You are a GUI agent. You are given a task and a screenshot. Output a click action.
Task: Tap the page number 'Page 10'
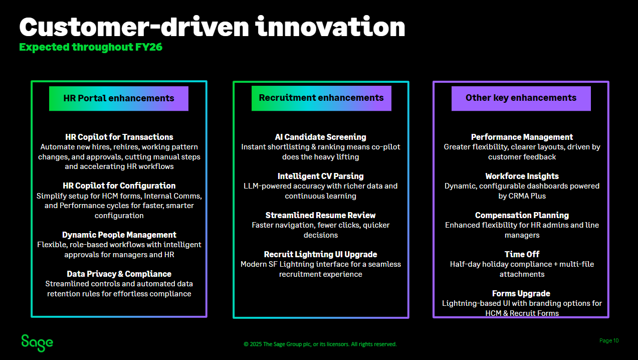point(609,341)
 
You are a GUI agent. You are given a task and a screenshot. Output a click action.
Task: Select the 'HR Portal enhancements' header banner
point(119,98)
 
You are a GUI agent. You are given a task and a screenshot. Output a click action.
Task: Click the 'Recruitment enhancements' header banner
point(321,98)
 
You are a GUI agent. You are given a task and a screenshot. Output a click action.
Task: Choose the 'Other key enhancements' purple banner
point(521,98)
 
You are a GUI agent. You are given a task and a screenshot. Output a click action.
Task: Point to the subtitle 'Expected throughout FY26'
point(91,47)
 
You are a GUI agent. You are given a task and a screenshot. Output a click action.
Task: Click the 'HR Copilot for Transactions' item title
point(119,137)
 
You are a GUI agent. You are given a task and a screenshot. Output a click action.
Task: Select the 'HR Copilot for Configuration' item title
point(119,186)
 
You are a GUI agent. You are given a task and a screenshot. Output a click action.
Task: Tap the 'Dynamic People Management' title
point(119,235)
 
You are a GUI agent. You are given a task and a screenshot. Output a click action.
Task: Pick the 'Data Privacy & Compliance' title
point(119,274)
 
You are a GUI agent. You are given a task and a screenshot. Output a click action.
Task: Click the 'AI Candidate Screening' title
point(321,137)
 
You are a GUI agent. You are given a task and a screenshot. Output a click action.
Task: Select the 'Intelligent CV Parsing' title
point(321,176)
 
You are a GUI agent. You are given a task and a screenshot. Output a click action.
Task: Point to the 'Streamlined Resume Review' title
point(321,215)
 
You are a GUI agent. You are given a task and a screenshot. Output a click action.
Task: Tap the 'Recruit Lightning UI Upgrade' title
point(321,254)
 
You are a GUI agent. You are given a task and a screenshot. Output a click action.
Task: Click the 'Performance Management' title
point(522,137)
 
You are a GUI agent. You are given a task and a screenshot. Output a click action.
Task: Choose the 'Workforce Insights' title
point(522,176)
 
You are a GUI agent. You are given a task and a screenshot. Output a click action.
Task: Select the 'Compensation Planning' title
point(522,215)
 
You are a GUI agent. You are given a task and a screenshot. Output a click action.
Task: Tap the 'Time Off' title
point(522,254)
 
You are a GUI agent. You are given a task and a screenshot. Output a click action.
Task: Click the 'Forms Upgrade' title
point(521,293)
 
